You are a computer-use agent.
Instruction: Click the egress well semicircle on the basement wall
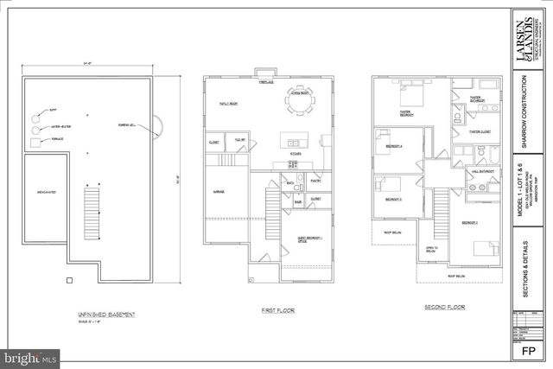pos(157,128)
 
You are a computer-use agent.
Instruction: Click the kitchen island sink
pos(293,143)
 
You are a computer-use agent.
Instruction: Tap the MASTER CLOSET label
pos(480,132)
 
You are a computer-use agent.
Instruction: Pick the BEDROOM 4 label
pos(394,146)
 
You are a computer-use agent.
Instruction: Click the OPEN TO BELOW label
pos(431,250)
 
